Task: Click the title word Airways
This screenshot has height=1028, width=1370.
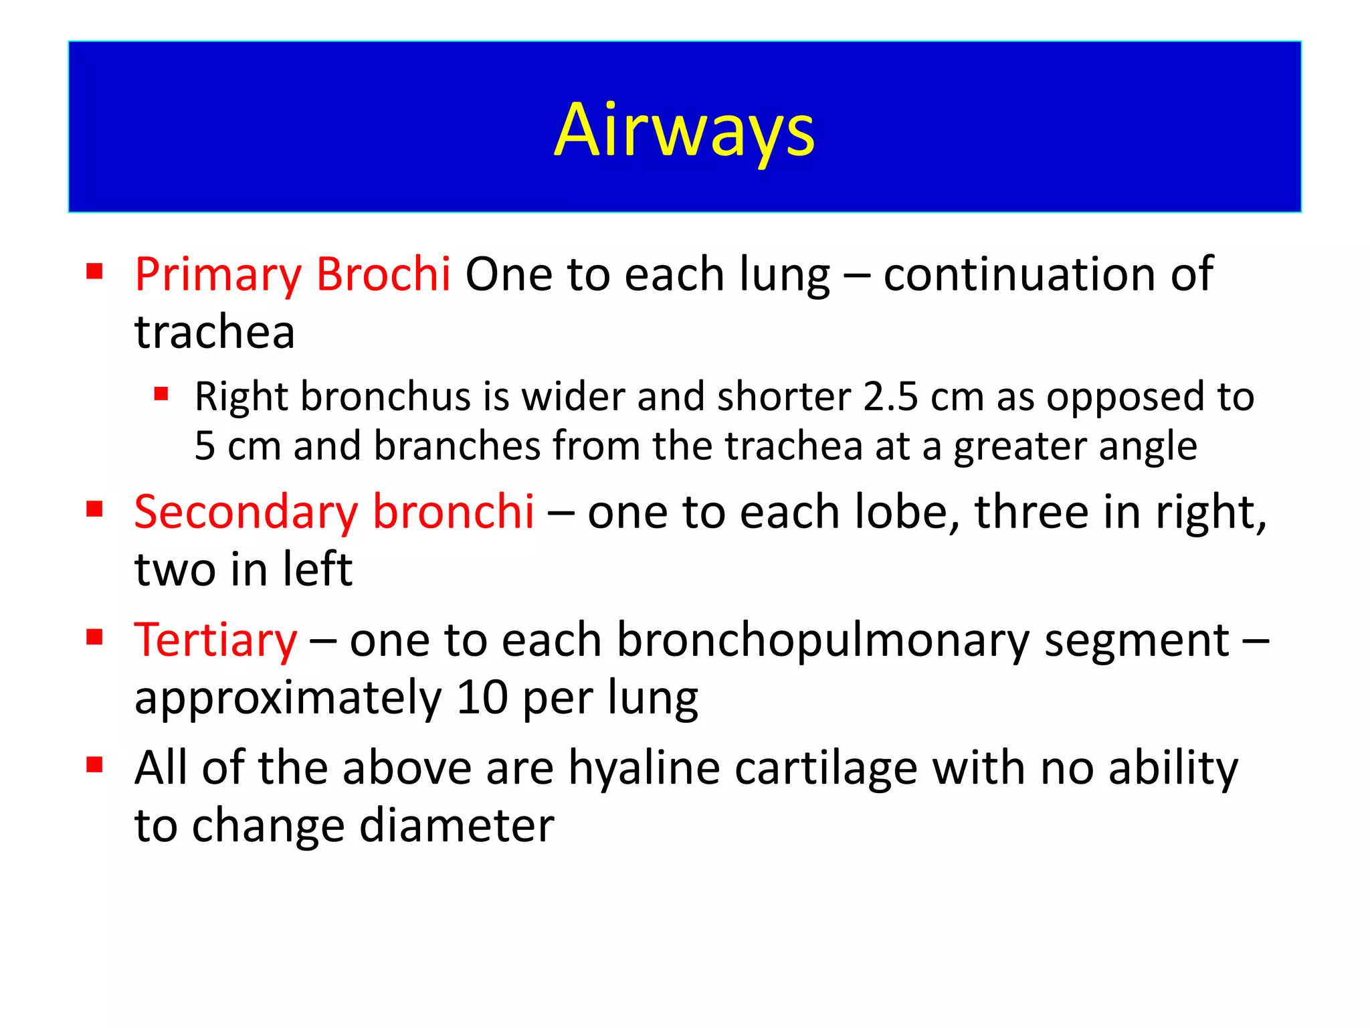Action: (x=684, y=130)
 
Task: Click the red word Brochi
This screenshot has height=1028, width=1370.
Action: (x=383, y=274)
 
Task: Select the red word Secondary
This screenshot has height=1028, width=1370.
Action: (x=246, y=513)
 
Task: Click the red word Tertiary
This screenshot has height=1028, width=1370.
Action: (x=215, y=641)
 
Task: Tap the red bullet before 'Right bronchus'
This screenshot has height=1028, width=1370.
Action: (x=161, y=393)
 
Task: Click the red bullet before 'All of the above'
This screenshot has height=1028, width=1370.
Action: (x=94, y=764)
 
